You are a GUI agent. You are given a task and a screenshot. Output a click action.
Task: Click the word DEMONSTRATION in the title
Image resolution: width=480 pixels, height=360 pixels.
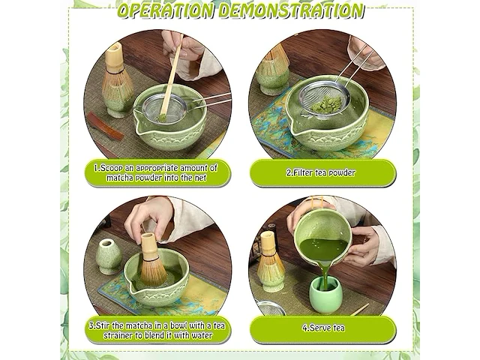point(290,10)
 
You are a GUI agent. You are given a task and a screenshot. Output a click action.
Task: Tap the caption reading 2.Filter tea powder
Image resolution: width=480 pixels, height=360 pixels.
point(321,172)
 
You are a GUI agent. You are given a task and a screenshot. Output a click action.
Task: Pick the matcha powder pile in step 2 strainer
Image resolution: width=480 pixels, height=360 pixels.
point(325,104)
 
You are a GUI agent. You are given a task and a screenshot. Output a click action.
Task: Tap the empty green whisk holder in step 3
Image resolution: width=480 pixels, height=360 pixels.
point(109,256)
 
